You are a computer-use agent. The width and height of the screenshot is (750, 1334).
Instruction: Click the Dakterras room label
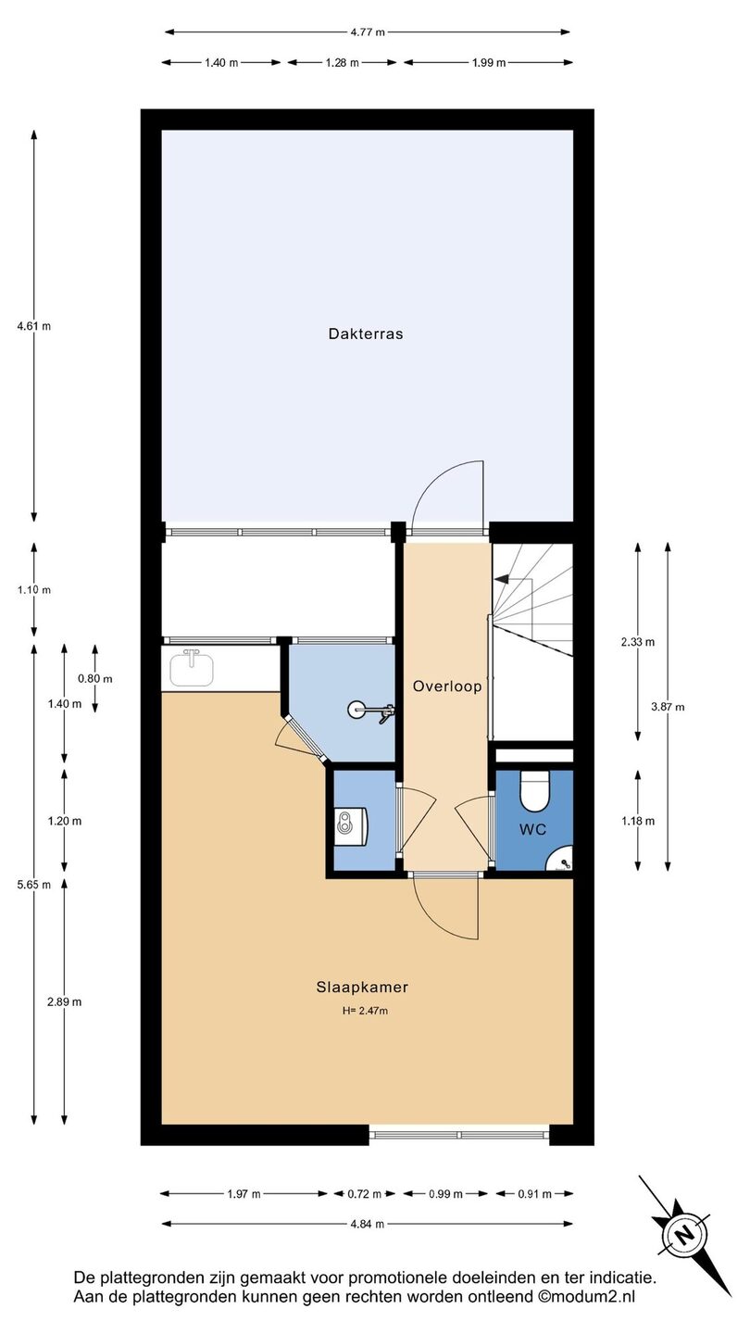366,333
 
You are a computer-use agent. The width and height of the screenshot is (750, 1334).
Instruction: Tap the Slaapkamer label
362,987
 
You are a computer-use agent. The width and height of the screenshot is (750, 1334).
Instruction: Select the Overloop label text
447,686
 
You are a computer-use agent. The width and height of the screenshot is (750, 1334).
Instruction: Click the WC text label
532,829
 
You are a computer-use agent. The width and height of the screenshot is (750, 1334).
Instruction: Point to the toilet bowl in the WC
534,791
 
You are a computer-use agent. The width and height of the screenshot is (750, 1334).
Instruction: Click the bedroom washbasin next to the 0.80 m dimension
191,668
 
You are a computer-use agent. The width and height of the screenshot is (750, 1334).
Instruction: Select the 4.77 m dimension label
368,32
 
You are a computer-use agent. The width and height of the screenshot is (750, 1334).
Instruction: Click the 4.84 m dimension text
368,1224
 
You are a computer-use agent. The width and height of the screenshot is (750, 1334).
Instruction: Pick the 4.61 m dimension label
34,326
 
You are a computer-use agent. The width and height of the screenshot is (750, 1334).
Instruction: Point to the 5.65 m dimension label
34,885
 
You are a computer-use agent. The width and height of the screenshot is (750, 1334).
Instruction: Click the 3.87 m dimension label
668,707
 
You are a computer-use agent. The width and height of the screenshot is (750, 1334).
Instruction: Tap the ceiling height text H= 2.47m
365,1011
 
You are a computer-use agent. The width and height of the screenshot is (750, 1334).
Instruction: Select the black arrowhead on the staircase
501,578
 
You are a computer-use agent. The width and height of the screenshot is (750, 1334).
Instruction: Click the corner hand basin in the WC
562,860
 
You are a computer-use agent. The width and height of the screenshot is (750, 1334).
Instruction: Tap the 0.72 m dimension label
364,1193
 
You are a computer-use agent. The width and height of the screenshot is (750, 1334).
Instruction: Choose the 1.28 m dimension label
343,63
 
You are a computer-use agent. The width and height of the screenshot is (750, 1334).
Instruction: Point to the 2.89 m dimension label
64,1001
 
